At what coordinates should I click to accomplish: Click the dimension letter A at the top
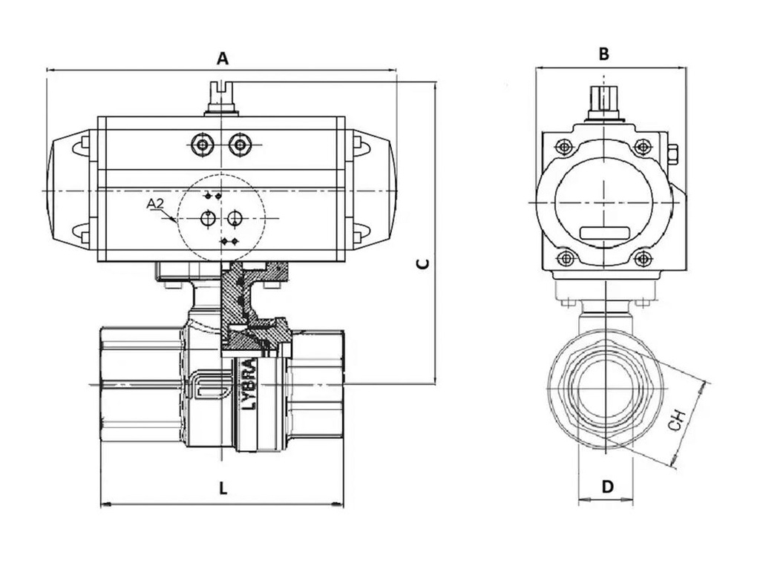(x=222, y=58)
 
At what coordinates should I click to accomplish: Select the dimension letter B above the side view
(x=604, y=53)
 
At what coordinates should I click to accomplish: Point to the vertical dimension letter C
(x=421, y=265)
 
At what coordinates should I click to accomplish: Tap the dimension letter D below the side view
(x=607, y=487)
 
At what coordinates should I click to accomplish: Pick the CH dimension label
(x=675, y=421)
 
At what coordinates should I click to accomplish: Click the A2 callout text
(x=154, y=203)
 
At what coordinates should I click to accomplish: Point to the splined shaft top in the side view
(x=605, y=99)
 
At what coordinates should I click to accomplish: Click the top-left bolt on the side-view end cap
(x=566, y=147)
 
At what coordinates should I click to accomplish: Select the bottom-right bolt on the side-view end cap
(x=642, y=259)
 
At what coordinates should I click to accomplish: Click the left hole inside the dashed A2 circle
(x=209, y=218)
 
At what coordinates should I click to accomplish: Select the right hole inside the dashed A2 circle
(x=235, y=218)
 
